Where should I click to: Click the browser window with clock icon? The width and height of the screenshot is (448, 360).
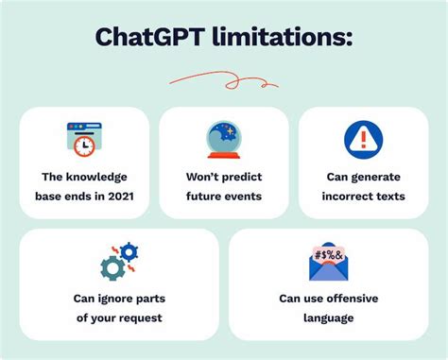point(83,139)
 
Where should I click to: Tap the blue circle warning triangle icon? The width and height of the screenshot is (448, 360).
point(363,139)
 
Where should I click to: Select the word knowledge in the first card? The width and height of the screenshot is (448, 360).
point(98,177)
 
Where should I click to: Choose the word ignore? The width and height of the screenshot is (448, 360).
point(116,299)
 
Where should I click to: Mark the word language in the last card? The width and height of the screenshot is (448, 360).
point(328,317)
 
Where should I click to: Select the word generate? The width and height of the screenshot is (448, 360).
point(380,177)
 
